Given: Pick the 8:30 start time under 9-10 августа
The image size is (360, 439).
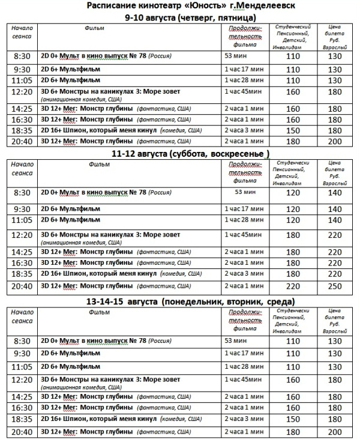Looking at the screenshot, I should [22, 56].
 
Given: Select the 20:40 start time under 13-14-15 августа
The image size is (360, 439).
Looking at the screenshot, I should [22, 432].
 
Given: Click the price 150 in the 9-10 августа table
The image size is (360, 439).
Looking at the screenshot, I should [293, 130].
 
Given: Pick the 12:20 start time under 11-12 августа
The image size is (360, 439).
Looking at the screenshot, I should [22, 235].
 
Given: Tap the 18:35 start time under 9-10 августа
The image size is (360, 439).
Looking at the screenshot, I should [22, 130].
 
